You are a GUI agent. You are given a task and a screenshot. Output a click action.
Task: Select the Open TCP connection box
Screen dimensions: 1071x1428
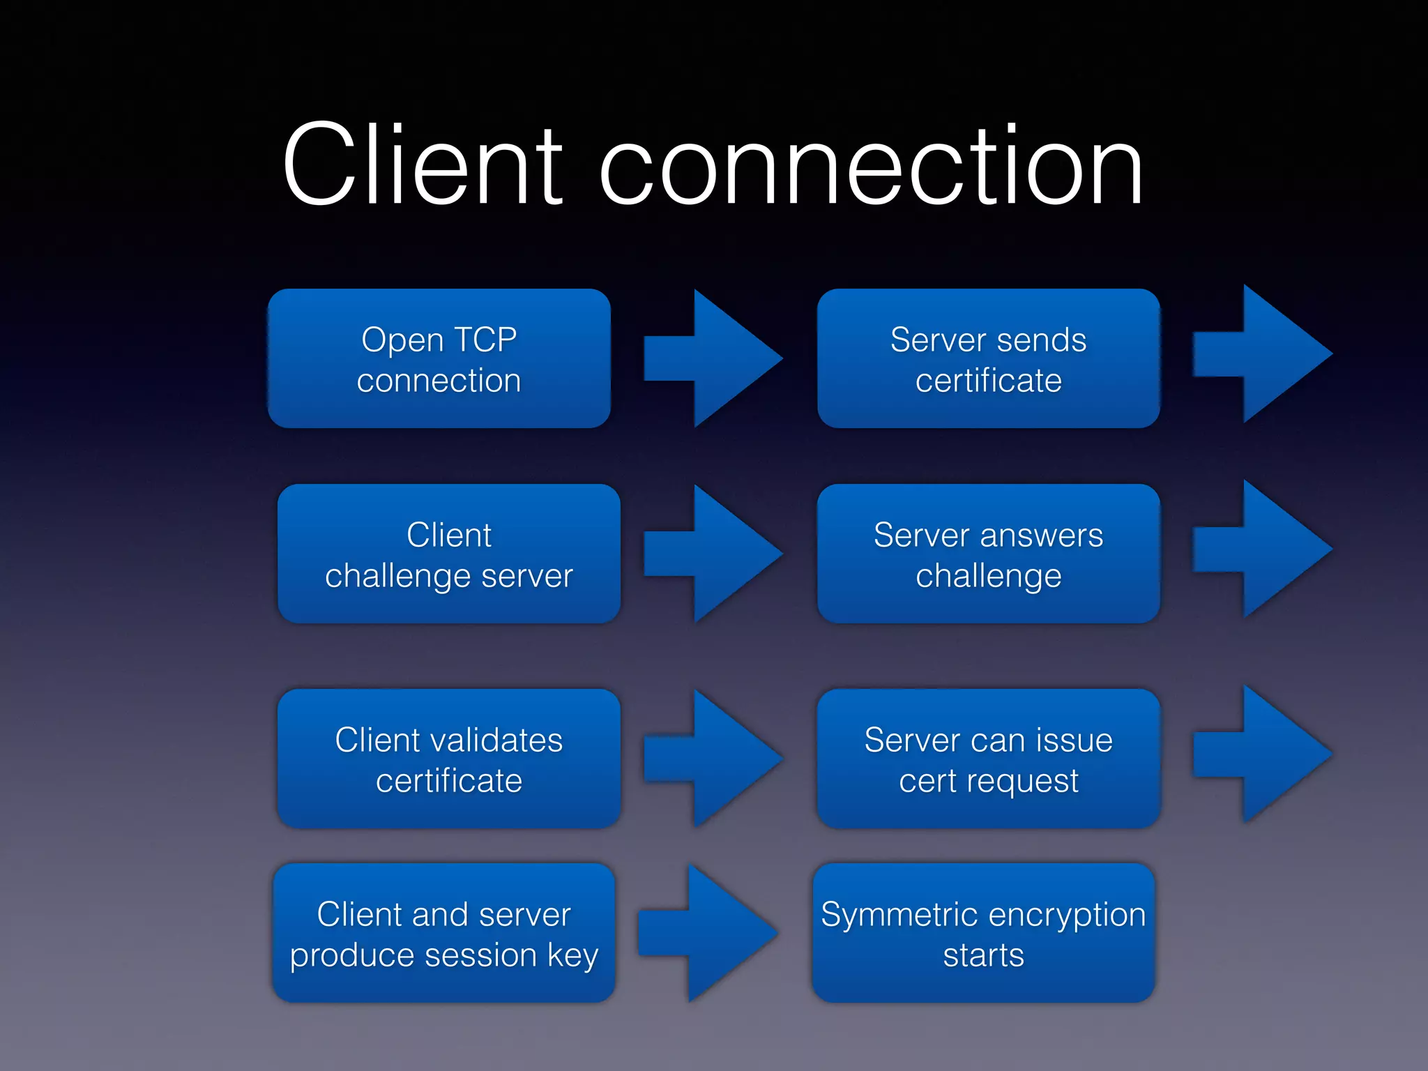[439, 358]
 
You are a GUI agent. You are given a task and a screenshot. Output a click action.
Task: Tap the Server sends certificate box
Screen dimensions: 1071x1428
[988, 358]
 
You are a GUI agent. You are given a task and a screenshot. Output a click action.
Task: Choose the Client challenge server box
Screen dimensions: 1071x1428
[449, 554]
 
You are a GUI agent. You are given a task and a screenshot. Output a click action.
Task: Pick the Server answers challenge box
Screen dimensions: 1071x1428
[988, 554]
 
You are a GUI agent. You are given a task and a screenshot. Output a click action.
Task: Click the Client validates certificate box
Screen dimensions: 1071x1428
[449, 759]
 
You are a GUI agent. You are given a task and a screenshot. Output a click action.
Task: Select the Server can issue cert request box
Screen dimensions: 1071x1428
[988, 759]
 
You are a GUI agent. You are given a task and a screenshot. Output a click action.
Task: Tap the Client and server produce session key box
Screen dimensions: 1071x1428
[444, 933]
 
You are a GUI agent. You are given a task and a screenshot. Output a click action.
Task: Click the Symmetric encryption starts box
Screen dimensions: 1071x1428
[983, 933]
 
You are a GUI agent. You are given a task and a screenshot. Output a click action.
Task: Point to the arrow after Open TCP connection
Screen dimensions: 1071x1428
[718, 358]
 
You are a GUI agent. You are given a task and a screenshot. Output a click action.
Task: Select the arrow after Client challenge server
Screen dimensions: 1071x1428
[718, 554]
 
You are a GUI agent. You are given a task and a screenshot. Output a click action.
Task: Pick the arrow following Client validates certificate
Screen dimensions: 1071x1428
[718, 759]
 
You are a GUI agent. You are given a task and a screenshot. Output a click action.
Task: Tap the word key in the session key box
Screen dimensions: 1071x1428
[572, 955]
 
